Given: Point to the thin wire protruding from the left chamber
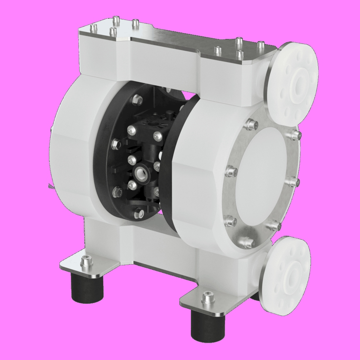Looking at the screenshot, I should pyautogui.click(x=49, y=186).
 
